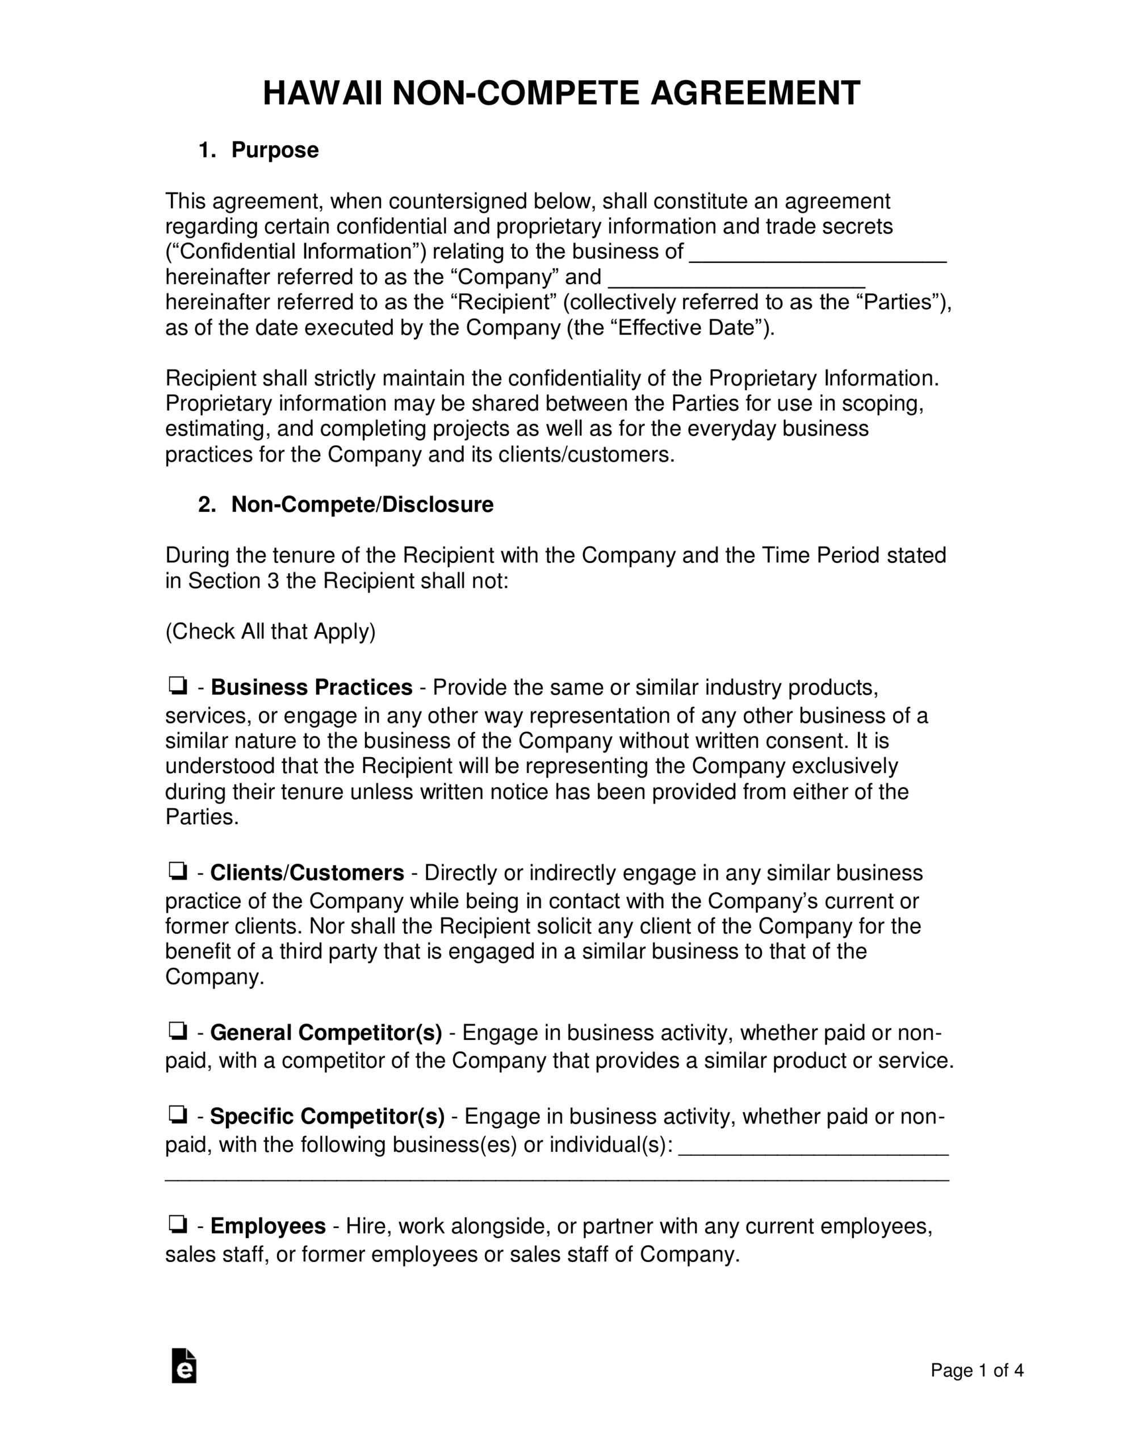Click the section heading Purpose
tap(274, 151)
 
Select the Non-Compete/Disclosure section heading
tap(362, 504)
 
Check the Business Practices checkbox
tap(177, 685)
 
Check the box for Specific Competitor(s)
tap(177, 1114)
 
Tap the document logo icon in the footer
tap(184, 1366)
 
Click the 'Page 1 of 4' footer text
tap(977, 1370)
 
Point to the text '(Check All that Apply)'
tap(270, 631)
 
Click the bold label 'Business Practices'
tap(312, 687)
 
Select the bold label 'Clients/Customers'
tap(307, 873)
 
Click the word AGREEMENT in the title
tap(755, 93)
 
